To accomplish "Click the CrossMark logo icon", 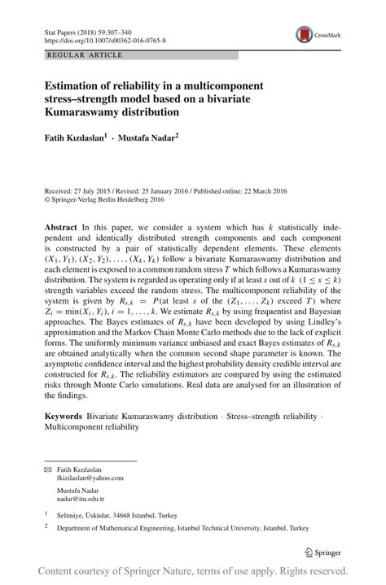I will tap(306, 35).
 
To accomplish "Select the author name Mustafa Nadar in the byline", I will tap(147, 138).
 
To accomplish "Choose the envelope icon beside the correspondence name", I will tap(48, 470).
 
